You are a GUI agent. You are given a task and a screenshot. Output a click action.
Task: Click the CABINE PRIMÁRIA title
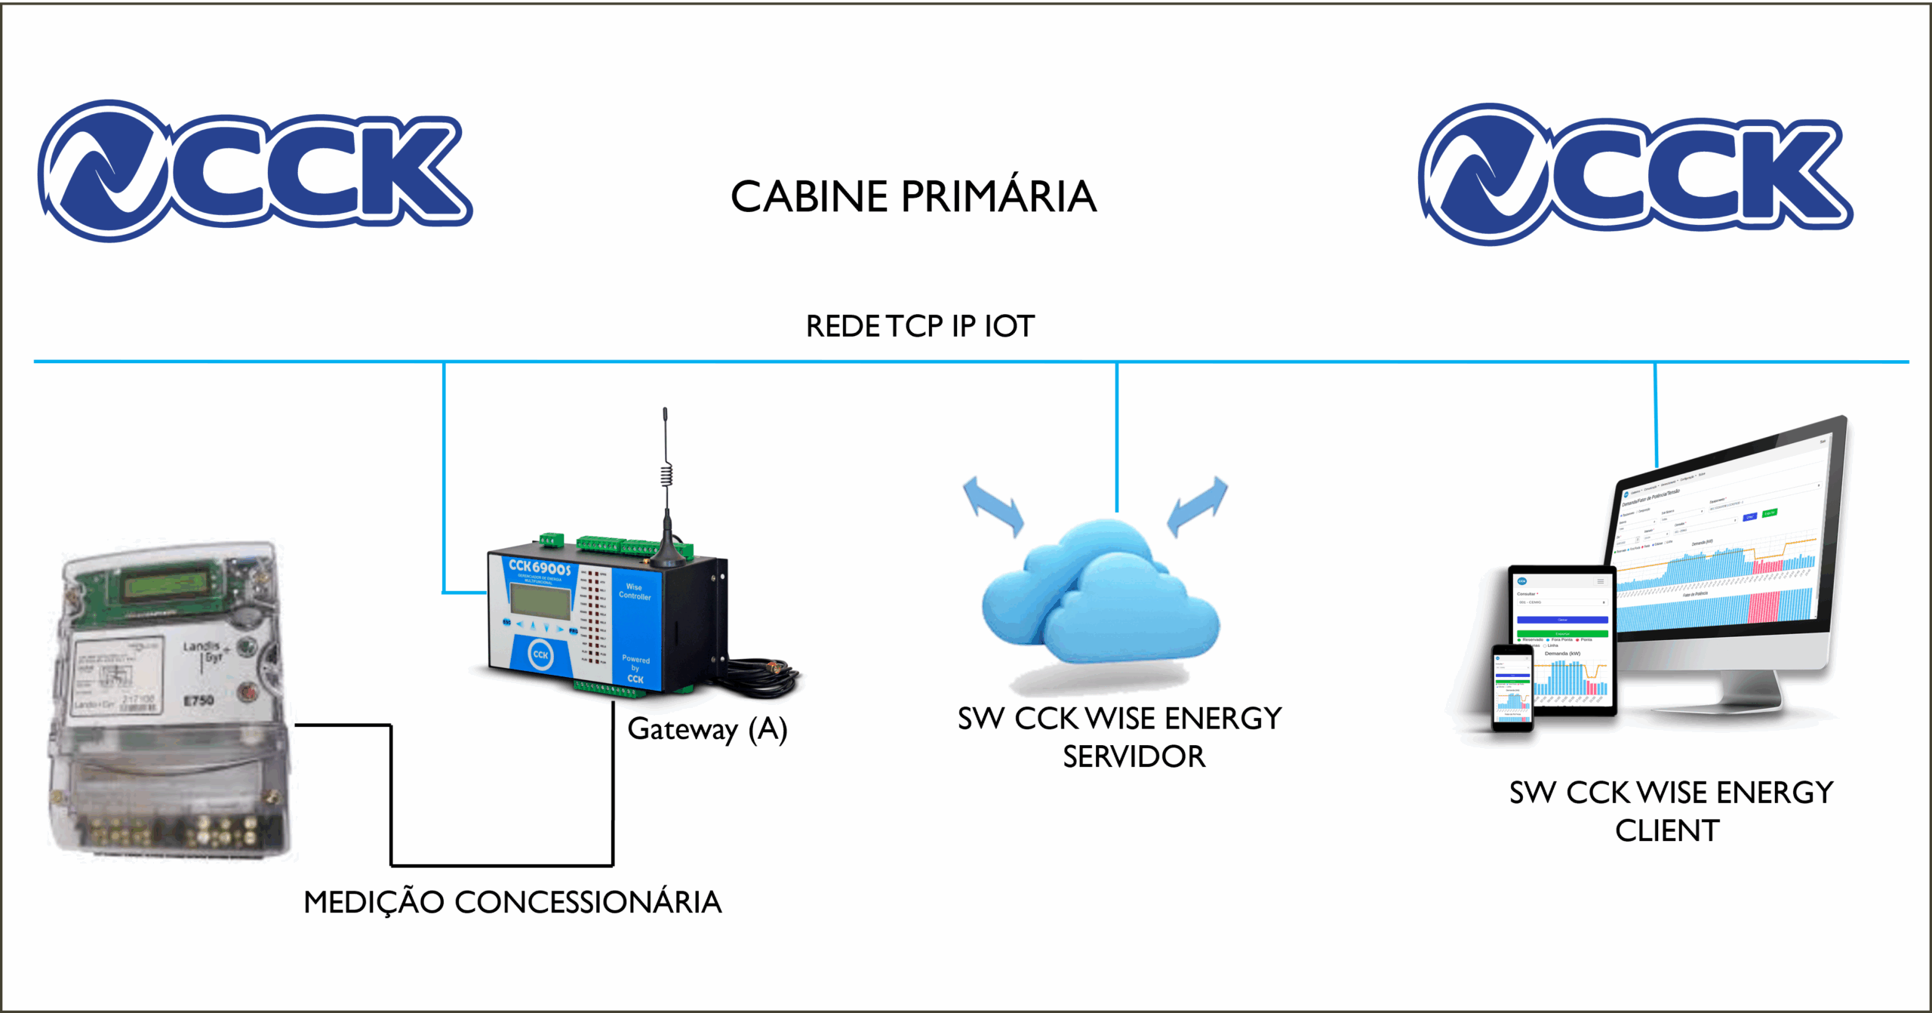point(913,197)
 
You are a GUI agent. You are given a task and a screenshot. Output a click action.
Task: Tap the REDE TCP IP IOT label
point(920,326)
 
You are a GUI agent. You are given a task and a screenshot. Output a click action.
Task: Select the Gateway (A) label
point(707,729)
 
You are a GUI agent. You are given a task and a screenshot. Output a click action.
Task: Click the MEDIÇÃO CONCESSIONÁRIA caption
point(512,902)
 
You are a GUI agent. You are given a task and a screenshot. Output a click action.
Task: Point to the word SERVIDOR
point(1134,756)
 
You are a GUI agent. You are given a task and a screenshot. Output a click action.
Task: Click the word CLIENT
point(1667,830)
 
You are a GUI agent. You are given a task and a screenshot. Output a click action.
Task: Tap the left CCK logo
point(255,171)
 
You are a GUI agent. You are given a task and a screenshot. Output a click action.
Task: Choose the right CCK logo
point(1635,174)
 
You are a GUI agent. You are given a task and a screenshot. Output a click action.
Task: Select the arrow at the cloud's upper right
point(1198,505)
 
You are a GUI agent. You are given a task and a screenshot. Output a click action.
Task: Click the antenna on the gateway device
point(666,483)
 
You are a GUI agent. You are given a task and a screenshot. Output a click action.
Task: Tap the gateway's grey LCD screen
point(540,602)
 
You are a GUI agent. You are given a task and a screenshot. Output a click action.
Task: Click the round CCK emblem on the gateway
point(540,654)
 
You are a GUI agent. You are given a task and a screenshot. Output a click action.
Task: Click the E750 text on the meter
point(198,700)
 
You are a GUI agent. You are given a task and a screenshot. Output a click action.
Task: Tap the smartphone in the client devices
point(1512,688)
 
